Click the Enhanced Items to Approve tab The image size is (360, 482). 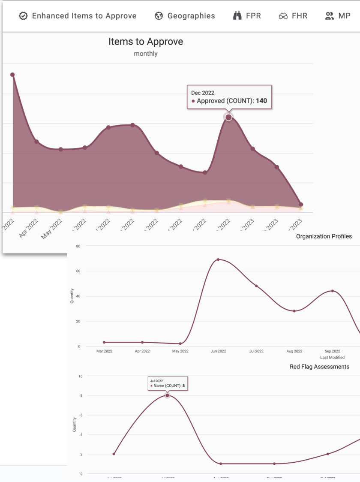tap(78, 16)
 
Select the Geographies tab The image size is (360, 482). tap(185, 16)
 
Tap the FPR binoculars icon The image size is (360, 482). tap(237, 16)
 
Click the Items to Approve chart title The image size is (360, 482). tap(146, 42)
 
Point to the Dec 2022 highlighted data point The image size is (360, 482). tap(228, 117)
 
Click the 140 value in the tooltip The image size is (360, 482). tap(261, 101)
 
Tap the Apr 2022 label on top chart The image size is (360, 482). tap(29, 228)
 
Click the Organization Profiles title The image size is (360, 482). tap(324, 236)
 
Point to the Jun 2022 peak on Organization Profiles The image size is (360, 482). tap(218, 259)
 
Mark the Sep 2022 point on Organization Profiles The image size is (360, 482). tap(333, 291)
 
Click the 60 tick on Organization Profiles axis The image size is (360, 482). tap(78, 271)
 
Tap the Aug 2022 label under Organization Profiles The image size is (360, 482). tap(294, 351)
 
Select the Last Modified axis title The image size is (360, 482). tap(332, 357)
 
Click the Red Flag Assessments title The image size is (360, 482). tap(319, 367)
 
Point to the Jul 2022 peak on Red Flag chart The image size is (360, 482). tap(167, 395)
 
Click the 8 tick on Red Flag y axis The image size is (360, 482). tap(81, 395)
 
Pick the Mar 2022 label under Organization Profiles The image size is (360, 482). tap(104, 351)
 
